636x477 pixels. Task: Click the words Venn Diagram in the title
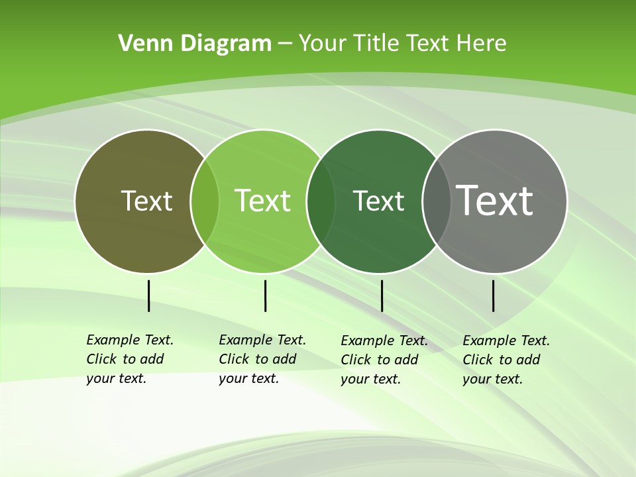195,44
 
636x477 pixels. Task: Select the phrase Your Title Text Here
402,44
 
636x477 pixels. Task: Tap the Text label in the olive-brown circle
146,201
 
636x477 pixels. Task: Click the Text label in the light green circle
262,201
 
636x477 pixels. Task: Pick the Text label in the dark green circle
378,201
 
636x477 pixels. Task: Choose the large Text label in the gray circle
495,200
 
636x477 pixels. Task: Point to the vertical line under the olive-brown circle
148,295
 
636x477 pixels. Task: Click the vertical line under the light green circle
265,295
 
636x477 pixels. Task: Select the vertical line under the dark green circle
382,295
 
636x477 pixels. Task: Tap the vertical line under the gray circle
494,295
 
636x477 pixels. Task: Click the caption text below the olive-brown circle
130,359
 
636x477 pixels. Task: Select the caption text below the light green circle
262,359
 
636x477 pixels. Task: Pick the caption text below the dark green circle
384,360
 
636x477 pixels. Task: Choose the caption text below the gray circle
506,360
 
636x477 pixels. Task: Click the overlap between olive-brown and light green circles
205,201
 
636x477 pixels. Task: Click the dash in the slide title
285,44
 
